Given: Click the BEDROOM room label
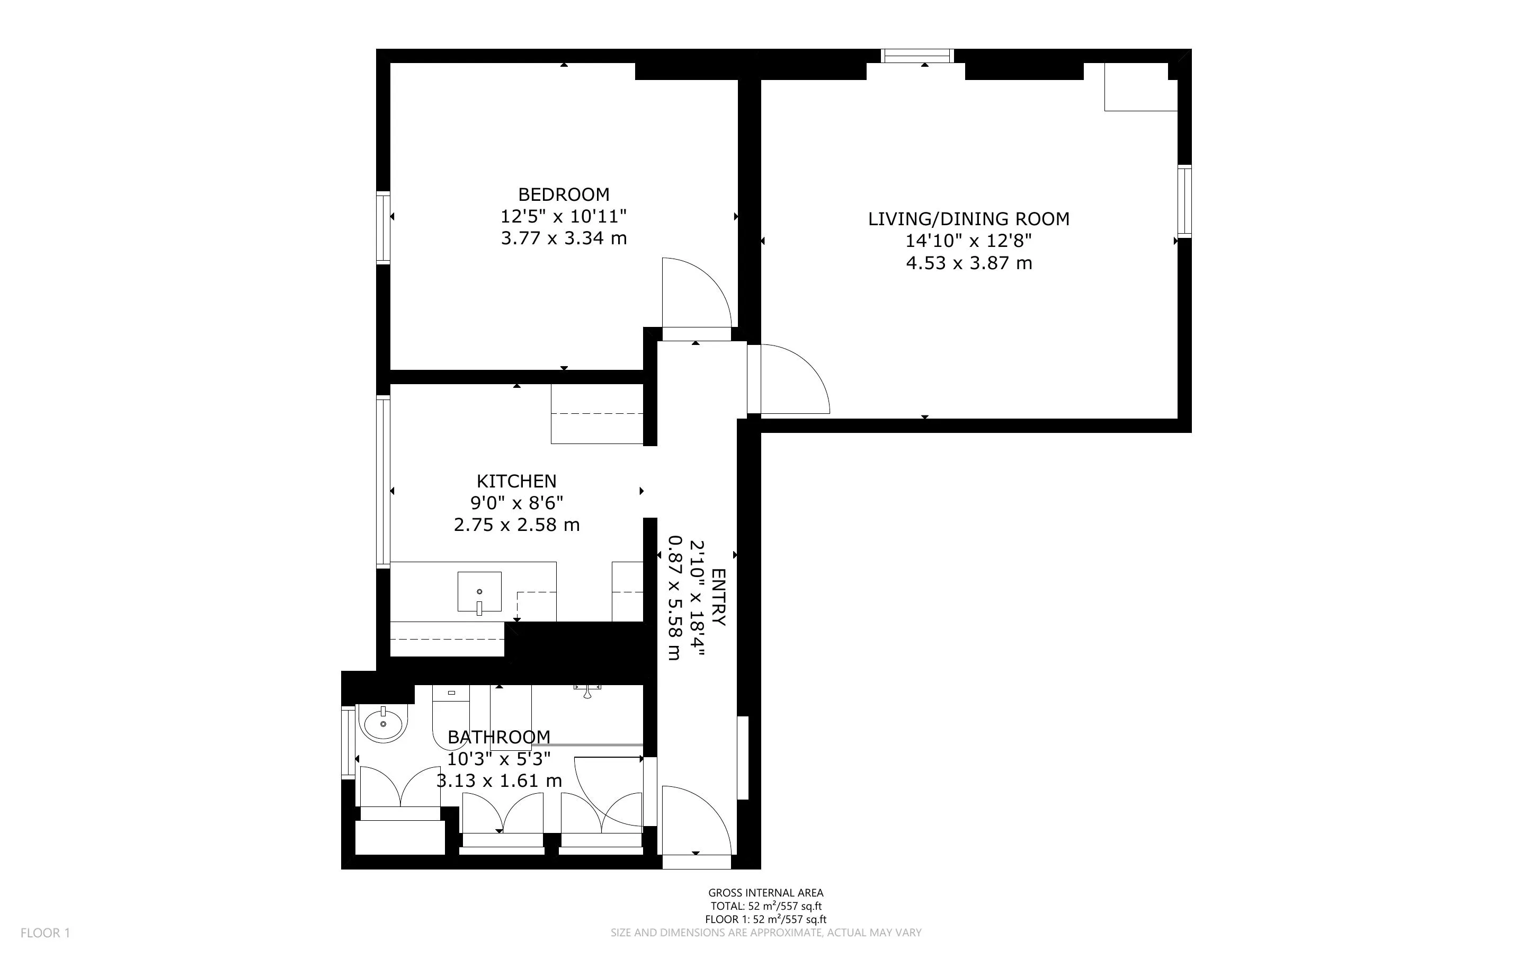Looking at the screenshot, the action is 564,194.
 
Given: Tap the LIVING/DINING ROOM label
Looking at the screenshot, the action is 968,219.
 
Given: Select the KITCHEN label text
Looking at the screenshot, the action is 516,481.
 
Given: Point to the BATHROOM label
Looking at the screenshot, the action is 499,737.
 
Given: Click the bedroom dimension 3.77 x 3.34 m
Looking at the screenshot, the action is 564,238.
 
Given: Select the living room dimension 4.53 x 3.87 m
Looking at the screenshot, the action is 969,263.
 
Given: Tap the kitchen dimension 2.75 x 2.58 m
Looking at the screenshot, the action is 516,525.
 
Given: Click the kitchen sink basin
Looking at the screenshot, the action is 479,592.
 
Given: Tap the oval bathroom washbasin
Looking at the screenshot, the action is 383,724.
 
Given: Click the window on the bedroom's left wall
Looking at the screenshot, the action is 383,227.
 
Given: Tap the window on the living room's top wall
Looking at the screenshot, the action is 917,56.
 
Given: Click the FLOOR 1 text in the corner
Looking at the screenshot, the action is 46,933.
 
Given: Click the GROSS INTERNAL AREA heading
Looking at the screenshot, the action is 765,893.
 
